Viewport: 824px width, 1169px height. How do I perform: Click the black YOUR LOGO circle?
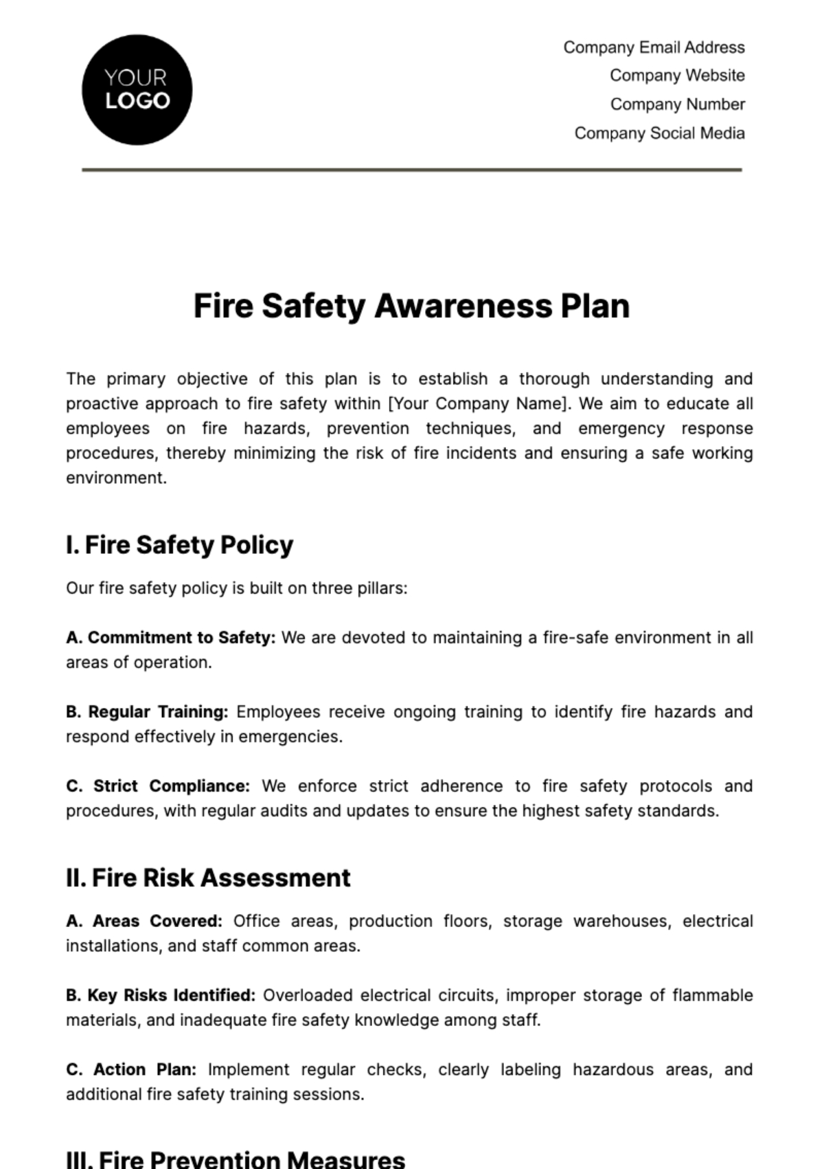click(137, 90)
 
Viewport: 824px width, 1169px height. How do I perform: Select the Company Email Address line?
click(654, 47)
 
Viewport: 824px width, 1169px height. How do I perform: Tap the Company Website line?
click(677, 76)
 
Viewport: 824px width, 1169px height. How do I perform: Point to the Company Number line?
click(677, 104)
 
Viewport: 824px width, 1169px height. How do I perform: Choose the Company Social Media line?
click(659, 133)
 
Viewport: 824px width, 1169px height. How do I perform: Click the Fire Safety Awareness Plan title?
click(411, 307)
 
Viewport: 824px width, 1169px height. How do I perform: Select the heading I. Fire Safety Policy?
click(180, 545)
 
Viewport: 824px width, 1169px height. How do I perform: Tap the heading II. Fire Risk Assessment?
click(208, 878)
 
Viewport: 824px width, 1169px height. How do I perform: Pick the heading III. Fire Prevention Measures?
click(236, 1159)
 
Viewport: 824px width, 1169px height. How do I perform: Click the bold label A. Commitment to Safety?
click(171, 638)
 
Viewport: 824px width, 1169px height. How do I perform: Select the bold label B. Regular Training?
click(147, 712)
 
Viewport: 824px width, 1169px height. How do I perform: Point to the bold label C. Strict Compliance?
click(158, 786)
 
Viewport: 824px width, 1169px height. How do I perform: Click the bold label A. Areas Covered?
click(144, 922)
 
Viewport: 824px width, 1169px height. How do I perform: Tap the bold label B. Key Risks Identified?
click(161, 996)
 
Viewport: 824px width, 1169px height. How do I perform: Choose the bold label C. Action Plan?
click(131, 1070)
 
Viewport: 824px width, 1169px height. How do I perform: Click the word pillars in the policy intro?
click(384, 589)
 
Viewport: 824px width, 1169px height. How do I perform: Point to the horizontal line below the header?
click(412, 169)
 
